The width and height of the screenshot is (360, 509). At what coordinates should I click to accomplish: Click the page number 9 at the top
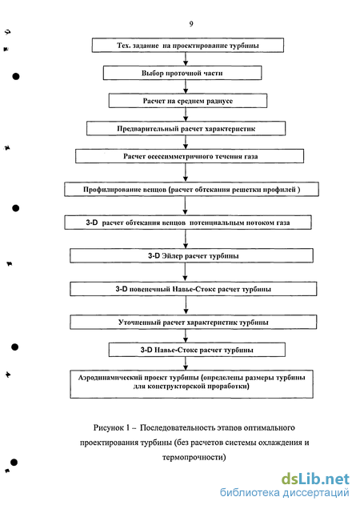pyautogui.click(x=191, y=24)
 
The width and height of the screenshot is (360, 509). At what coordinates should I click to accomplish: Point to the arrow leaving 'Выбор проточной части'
pyautogui.click(x=186, y=86)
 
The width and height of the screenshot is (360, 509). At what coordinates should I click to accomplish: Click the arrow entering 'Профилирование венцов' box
pyautogui.click(x=186, y=172)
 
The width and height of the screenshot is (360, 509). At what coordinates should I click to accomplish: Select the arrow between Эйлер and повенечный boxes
pyautogui.click(x=186, y=272)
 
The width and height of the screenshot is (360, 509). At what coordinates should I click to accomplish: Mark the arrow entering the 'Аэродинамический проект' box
pyautogui.click(x=186, y=363)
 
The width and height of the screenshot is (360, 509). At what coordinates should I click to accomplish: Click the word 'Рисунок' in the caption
pyautogui.click(x=109, y=428)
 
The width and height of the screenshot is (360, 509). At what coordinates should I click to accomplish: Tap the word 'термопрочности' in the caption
pyautogui.click(x=193, y=458)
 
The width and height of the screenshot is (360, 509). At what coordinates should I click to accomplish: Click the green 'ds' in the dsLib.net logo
pyautogui.click(x=290, y=479)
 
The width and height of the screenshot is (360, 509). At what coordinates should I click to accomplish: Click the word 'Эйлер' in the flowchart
pyautogui.click(x=173, y=256)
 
